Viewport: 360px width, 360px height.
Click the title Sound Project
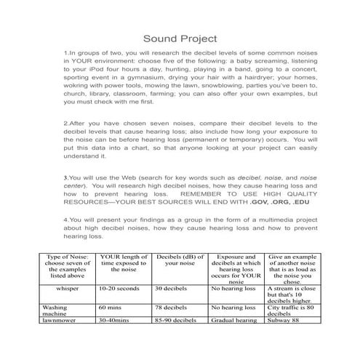coord(179,37)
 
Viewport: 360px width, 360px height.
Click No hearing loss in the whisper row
coord(230,288)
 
